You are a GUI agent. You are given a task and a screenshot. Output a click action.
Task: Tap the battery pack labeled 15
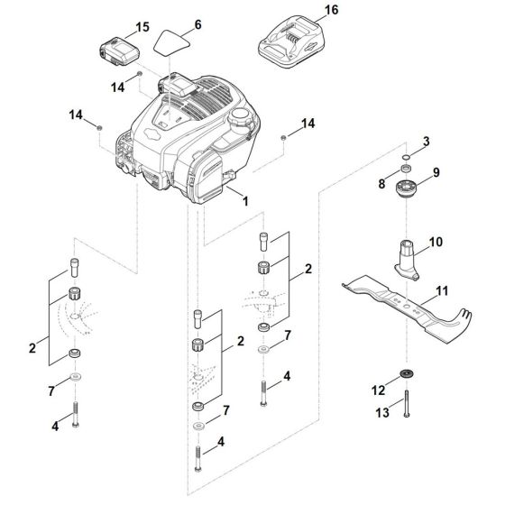(116, 47)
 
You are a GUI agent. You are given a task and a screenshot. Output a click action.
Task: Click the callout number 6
(197, 23)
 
